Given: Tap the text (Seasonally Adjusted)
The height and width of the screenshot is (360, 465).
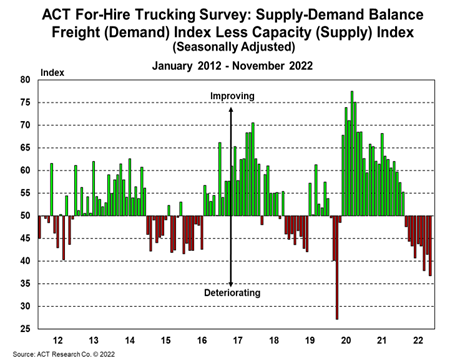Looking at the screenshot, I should (x=231, y=46).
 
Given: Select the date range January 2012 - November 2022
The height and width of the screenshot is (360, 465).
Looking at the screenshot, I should (x=231, y=65).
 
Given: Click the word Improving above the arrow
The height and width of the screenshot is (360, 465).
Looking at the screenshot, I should (x=232, y=96).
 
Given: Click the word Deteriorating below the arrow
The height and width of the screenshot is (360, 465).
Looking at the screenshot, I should (x=232, y=293).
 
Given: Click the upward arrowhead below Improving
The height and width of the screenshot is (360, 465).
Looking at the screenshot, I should (x=232, y=107).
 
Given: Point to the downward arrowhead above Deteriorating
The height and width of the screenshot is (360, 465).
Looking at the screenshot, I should (x=232, y=283).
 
